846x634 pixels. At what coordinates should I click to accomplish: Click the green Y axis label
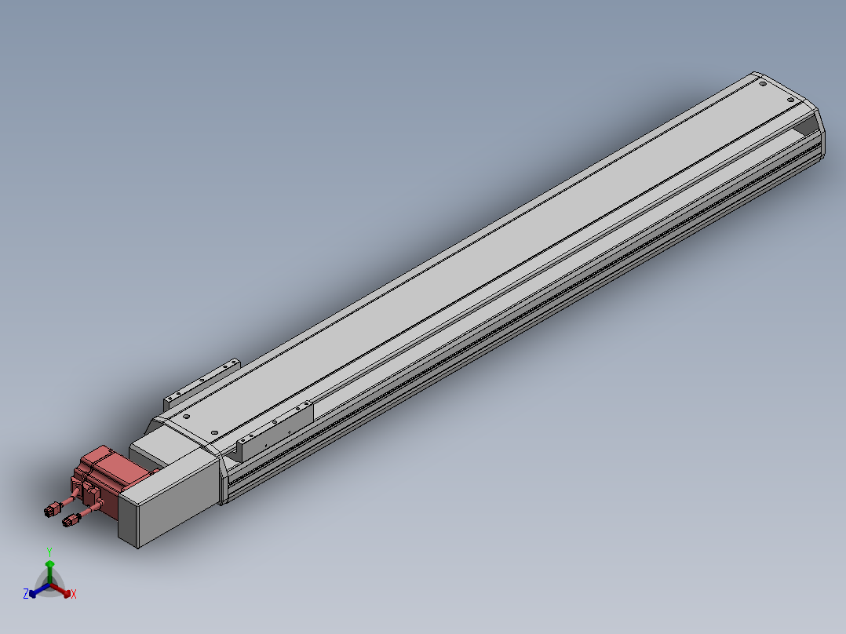49,552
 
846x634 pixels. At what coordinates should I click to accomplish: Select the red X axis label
74,594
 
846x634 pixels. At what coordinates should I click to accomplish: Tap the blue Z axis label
25,594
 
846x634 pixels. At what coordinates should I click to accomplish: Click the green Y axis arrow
49,573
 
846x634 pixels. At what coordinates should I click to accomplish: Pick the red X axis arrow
60,590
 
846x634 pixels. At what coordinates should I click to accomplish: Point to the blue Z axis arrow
39,590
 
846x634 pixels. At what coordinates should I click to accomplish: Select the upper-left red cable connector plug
53,509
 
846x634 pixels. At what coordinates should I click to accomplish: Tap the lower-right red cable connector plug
71,520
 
